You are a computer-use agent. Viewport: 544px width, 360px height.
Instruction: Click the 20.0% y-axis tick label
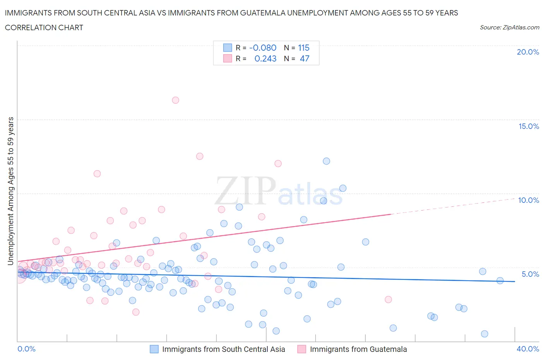point(528,52)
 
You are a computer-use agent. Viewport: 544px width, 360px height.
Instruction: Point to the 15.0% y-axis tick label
point(529,126)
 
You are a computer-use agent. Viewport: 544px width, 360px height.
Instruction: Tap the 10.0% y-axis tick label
point(529,200)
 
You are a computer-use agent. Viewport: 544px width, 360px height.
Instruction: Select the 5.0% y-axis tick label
point(530,274)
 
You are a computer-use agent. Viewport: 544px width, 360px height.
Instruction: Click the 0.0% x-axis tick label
point(26,349)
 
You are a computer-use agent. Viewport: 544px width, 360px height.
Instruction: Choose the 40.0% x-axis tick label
point(528,349)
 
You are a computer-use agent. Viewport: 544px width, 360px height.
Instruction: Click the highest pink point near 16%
point(175,100)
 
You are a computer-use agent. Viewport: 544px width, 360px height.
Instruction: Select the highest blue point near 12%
point(326,161)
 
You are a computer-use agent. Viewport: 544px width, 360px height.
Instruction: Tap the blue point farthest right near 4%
point(500,281)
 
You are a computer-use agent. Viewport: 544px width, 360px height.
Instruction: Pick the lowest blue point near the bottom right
point(484,334)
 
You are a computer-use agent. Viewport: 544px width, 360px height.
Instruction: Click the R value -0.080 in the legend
point(263,48)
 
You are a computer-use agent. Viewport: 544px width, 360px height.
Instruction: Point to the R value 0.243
point(265,58)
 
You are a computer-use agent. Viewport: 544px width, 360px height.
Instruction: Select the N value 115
point(304,48)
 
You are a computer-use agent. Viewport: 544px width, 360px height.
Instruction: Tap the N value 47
point(305,58)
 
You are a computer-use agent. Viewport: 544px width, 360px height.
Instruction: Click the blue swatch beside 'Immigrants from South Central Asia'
point(154,349)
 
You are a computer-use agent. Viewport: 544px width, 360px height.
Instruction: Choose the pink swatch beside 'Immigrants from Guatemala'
point(302,349)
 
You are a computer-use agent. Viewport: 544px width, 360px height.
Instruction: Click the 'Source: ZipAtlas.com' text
point(509,27)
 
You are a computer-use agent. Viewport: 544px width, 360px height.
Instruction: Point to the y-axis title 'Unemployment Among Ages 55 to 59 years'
point(11,191)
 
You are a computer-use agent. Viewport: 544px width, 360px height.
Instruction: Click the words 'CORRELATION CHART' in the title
point(44,27)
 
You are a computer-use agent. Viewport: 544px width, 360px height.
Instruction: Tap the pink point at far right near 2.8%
point(388,299)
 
